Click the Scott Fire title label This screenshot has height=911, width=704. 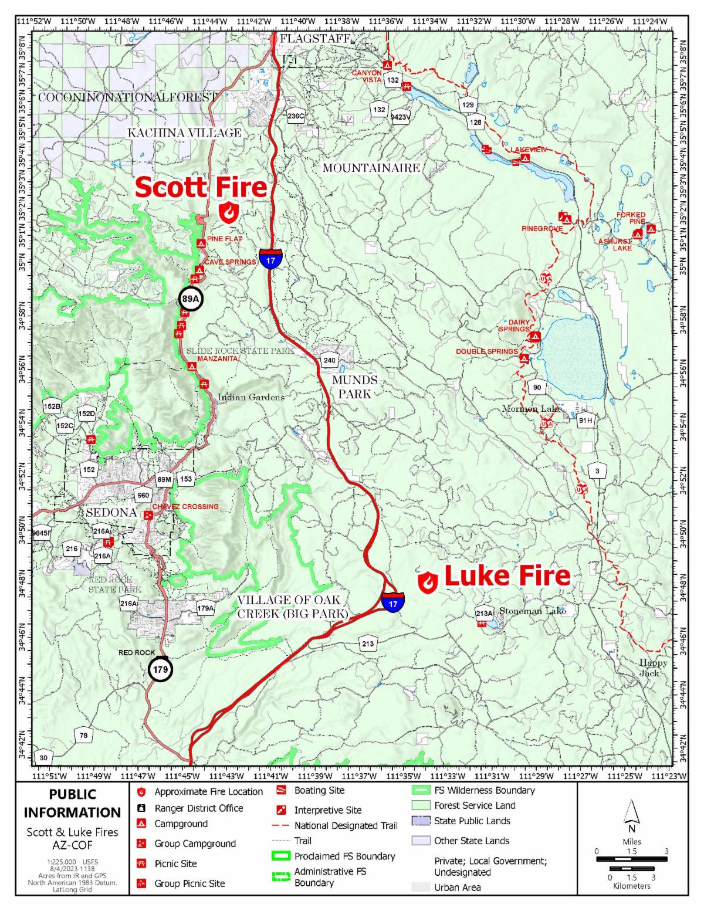pyautogui.click(x=201, y=188)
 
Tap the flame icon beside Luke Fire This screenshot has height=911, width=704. pyautogui.click(x=428, y=581)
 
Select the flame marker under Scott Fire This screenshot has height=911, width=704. pyautogui.click(x=228, y=212)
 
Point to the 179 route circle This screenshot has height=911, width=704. pyautogui.click(x=160, y=669)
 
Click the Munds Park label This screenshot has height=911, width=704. pyautogui.click(x=354, y=387)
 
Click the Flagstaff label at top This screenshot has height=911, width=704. pyautogui.click(x=315, y=39)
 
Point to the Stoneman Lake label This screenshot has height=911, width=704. pyautogui.click(x=532, y=611)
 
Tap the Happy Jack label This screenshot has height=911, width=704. pyautogui.click(x=654, y=668)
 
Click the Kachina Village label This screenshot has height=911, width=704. pyautogui.click(x=184, y=133)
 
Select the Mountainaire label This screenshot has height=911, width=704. pyautogui.click(x=371, y=168)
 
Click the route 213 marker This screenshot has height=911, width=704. pyautogui.click(x=368, y=644)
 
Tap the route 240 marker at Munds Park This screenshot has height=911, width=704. pyautogui.click(x=330, y=360)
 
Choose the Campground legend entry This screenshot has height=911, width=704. pyautogui.click(x=180, y=824)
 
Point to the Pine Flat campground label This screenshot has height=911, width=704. pyautogui.click(x=224, y=239)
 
